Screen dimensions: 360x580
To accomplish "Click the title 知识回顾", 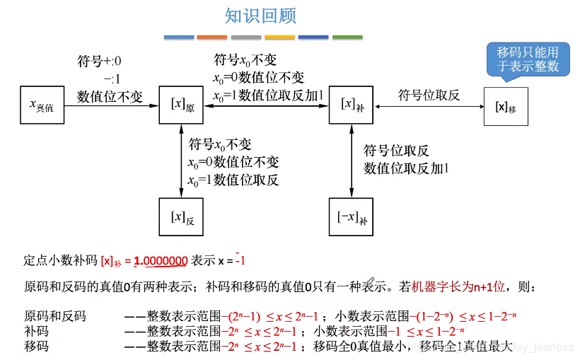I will click(260, 16).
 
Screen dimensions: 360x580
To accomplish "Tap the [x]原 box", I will click(182, 105).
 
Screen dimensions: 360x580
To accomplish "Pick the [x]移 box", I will click(505, 106).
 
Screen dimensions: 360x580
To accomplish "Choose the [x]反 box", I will click(182, 216).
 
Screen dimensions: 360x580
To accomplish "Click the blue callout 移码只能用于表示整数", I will click(528, 59).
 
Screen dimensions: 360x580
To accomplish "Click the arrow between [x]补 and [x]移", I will click(429, 106).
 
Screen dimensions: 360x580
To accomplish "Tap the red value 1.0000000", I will click(161, 261).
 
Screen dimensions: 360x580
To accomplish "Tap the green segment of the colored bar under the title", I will click(347, 37).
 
